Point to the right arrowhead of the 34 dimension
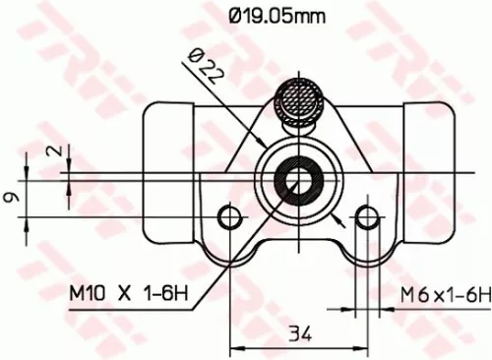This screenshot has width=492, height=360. tap(360, 346)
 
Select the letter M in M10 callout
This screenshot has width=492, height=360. tap(78, 292)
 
